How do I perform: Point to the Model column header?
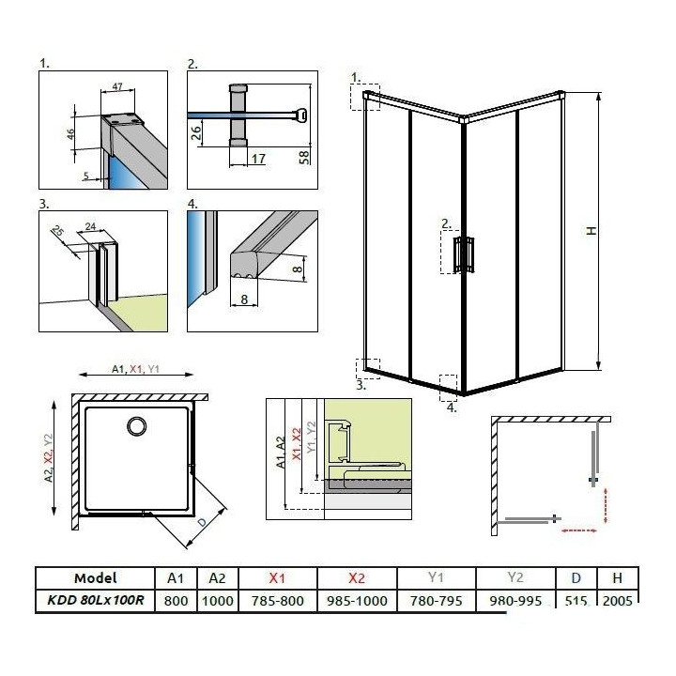95,577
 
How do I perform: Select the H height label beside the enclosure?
591,231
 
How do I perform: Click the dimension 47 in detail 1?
118,87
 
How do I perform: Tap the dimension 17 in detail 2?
257,160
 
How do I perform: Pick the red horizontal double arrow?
578,530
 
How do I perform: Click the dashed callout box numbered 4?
449,387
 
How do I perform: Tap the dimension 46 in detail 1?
70,133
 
